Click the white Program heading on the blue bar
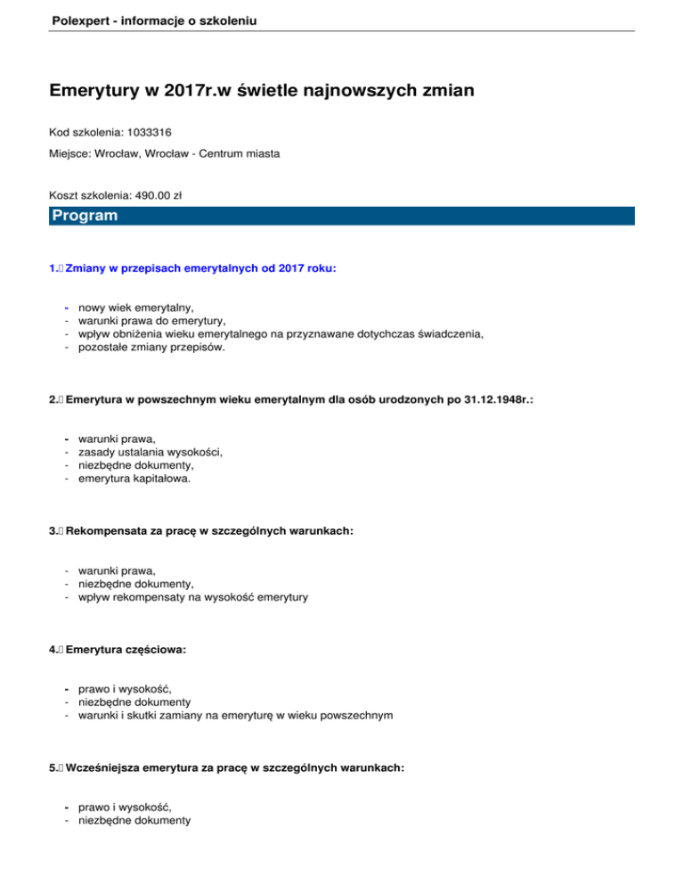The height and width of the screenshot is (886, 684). (85, 216)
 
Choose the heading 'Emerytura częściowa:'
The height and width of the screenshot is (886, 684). (126, 650)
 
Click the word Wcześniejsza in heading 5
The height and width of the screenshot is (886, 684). (106, 766)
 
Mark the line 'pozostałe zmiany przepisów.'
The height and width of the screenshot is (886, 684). (151, 348)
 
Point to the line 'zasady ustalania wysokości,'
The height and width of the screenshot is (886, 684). (151, 451)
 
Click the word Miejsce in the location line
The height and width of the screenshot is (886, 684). (71, 153)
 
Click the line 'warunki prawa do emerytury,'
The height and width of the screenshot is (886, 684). (151, 320)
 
